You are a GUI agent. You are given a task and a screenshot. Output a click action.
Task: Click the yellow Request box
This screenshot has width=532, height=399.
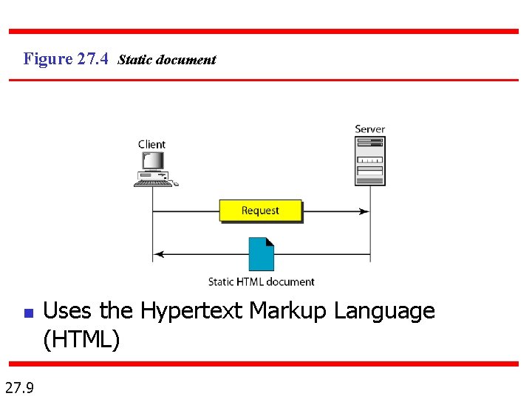tap(260, 211)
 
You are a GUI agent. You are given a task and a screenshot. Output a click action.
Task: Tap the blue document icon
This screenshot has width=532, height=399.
tap(262, 254)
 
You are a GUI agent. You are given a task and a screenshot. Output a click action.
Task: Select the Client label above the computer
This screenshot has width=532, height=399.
tap(151, 144)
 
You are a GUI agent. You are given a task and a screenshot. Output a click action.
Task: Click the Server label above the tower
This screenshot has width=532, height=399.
tap(369, 129)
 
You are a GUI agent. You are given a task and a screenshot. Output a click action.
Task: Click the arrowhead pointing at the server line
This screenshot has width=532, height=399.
tap(364, 211)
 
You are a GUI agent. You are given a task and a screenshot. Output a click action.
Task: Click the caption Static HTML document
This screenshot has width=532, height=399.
tap(261, 282)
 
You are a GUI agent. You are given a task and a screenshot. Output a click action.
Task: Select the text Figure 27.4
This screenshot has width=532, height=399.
tap(66, 58)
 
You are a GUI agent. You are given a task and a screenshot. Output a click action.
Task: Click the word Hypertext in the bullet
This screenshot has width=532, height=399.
tap(191, 311)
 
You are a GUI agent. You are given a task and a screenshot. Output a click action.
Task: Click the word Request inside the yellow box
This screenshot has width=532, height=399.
tap(260, 211)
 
